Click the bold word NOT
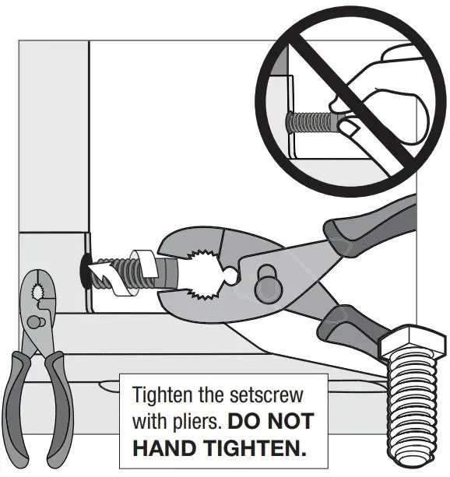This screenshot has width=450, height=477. coord(287,422)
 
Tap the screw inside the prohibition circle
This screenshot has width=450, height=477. coord(311,121)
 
